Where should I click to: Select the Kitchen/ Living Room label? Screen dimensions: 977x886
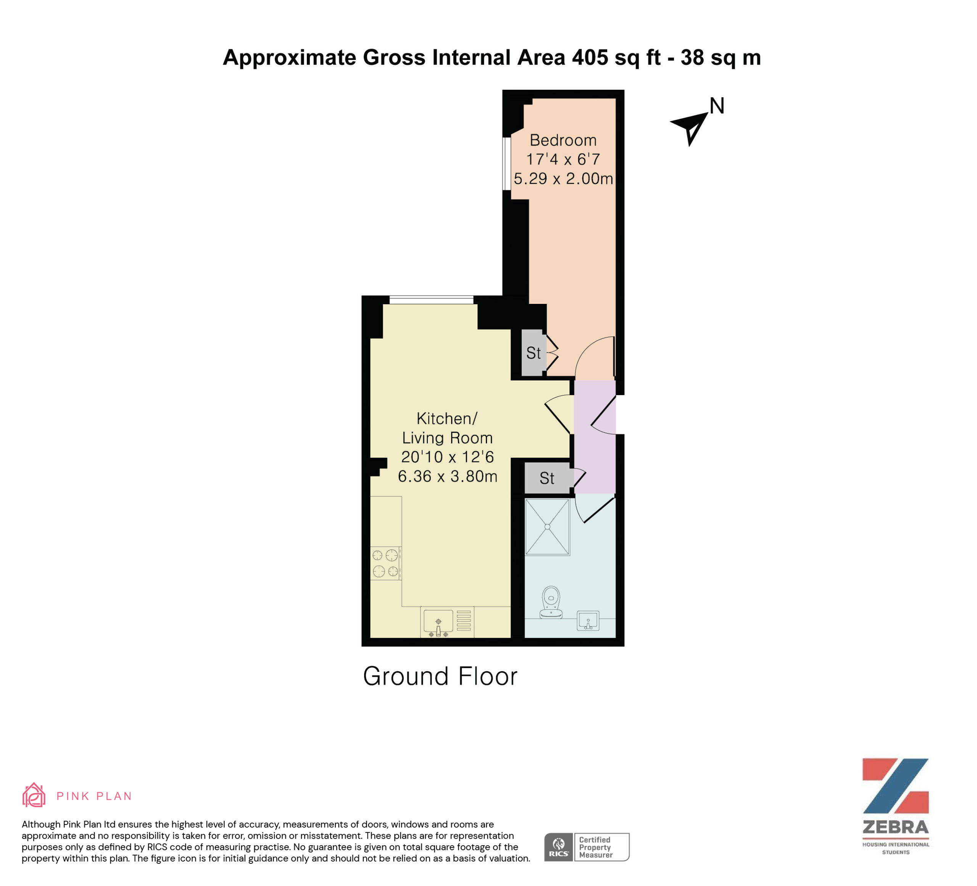point(447,428)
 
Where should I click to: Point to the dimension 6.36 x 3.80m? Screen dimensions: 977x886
point(447,476)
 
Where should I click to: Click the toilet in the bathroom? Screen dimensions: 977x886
point(551,602)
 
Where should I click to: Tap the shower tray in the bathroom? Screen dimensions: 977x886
point(547,527)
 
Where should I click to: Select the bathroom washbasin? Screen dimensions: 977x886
point(588,621)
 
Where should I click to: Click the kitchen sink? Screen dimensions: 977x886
point(438,622)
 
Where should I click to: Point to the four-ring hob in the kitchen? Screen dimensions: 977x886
point(386,563)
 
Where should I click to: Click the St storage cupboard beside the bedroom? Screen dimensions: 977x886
point(534,353)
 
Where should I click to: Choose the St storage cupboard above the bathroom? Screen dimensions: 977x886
point(547,478)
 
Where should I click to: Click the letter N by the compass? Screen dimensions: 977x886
point(717,106)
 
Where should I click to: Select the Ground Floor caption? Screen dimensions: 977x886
point(440,676)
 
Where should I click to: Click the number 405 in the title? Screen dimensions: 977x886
point(590,57)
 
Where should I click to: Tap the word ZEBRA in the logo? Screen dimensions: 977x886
point(896,827)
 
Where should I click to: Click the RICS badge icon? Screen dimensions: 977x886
point(559,847)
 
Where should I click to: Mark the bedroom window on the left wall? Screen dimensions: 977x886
point(506,163)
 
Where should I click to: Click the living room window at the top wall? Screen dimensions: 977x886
point(431,300)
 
